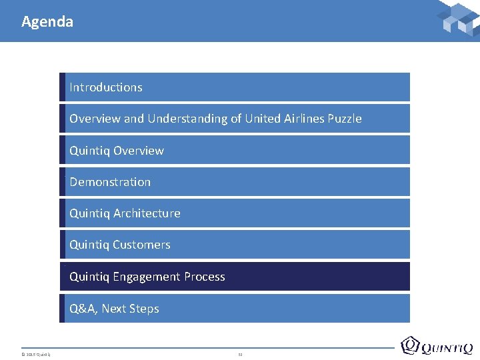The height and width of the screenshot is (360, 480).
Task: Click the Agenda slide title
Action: point(47,21)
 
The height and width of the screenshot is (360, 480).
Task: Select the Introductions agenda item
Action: point(106,87)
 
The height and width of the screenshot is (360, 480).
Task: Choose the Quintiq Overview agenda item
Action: point(117,151)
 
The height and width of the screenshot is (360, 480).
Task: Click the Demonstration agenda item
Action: point(110,182)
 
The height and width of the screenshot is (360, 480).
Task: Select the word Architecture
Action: point(147,213)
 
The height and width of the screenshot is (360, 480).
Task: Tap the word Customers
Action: point(141,245)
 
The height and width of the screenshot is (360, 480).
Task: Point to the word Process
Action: point(204,277)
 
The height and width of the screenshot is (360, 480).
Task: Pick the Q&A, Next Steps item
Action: point(114,309)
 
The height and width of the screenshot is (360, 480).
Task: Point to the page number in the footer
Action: point(240,353)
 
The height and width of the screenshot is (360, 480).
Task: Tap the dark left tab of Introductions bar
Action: point(62,87)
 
